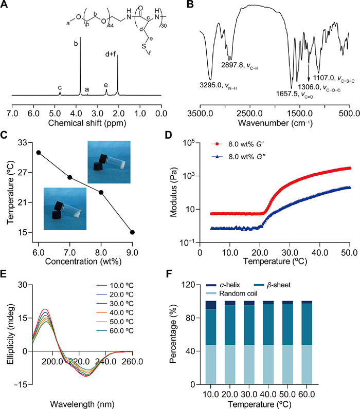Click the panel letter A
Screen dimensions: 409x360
coord(9,7)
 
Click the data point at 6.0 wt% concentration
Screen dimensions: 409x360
coord(38,152)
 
